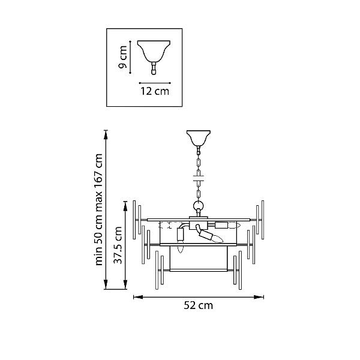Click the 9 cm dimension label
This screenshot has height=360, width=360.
click(x=122, y=57)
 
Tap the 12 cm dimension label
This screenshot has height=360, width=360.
click(x=155, y=91)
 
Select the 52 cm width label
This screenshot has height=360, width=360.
click(x=199, y=305)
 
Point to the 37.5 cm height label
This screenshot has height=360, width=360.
click(x=118, y=245)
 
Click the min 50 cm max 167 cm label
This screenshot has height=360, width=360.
click(x=99, y=209)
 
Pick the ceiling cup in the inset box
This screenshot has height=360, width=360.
click(x=154, y=52)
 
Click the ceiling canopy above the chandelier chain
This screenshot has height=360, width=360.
click(x=199, y=138)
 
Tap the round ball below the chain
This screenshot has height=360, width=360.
click(x=199, y=205)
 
